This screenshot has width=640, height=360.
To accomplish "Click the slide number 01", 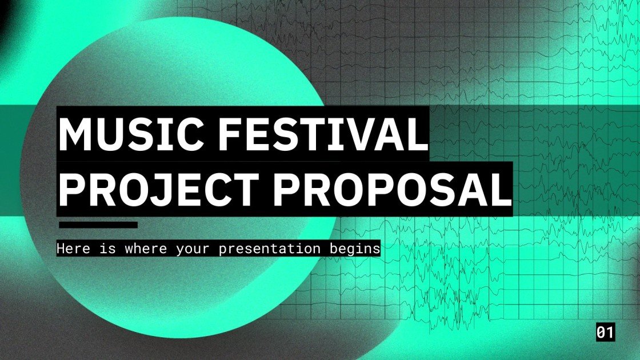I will coord(605,333).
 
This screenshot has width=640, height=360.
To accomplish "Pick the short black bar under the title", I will coord(98,225).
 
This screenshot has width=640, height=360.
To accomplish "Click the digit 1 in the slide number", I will coord(610,333).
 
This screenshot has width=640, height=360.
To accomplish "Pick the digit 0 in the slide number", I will coord(601,333).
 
